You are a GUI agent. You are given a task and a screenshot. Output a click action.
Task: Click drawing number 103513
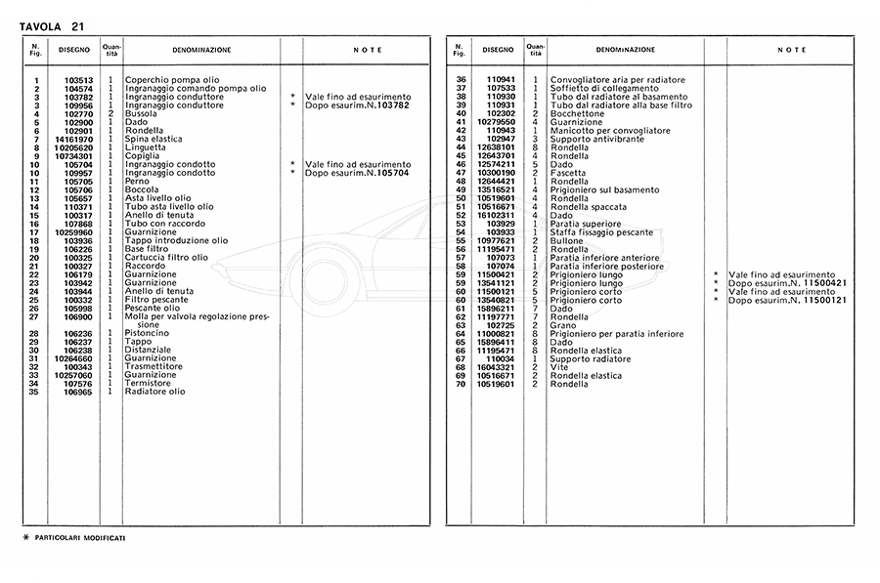78,80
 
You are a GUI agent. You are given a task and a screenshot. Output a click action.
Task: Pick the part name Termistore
149,384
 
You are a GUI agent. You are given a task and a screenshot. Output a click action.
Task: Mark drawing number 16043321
497,367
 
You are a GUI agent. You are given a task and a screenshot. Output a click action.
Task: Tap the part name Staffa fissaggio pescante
612,232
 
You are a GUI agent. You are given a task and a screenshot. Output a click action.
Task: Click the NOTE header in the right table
792,49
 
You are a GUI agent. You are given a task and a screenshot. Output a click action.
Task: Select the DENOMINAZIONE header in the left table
201,49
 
